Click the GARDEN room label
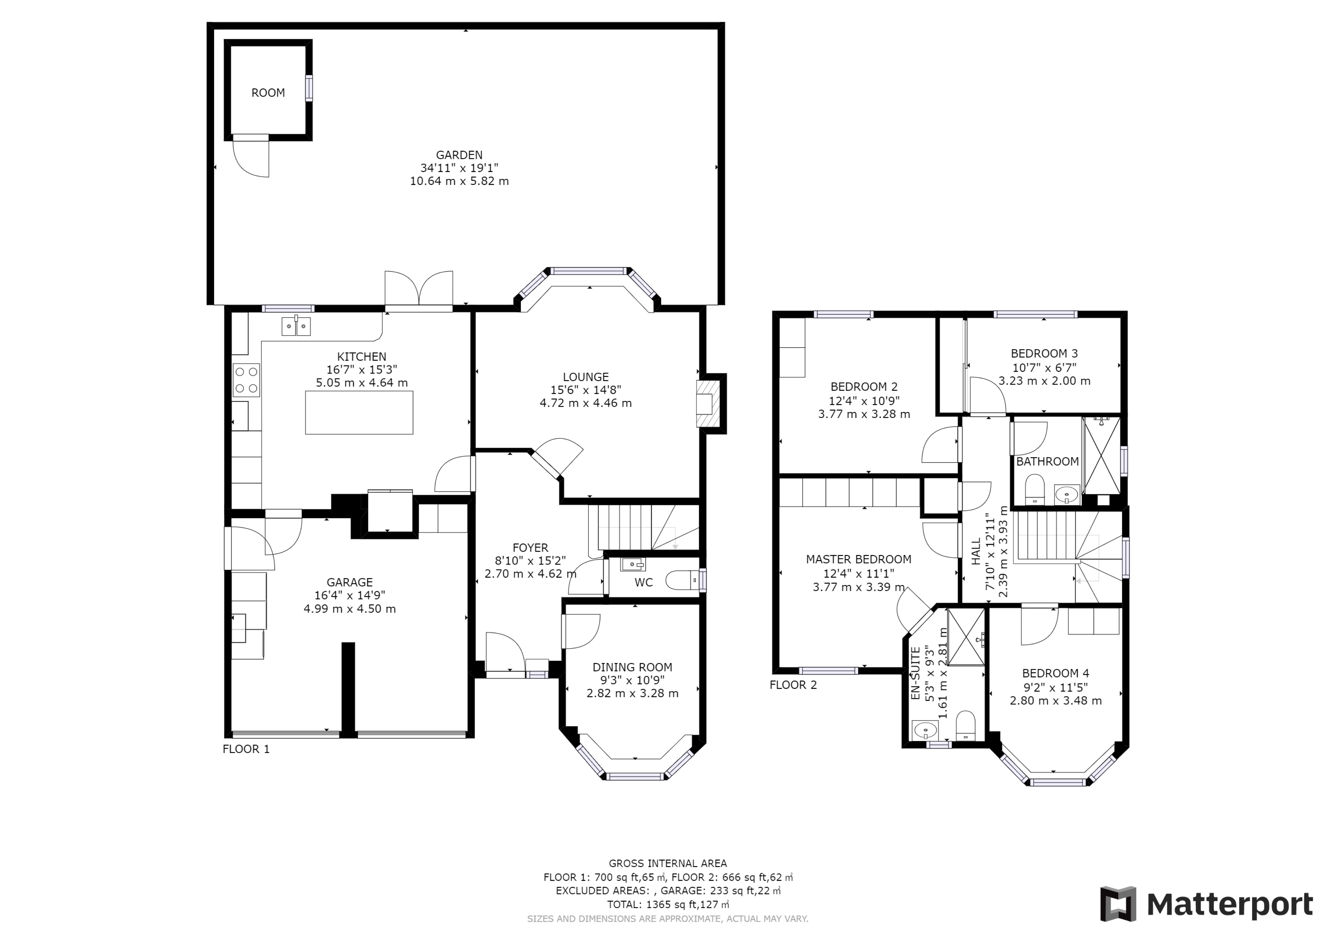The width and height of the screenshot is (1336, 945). pyautogui.click(x=459, y=155)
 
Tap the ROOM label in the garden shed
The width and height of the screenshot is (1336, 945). pyautogui.click(x=268, y=93)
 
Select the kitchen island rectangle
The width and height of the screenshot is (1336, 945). pyautogui.click(x=359, y=412)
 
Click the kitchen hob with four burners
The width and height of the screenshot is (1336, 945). pyautogui.click(x=246, y=380)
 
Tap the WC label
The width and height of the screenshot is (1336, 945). pyautogui.click(x=644, y=582)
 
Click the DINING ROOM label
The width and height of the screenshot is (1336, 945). pyautogui.click(x=632, y=667)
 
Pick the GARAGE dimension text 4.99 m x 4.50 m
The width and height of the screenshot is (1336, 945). pyautogui.click(x=350, y=609)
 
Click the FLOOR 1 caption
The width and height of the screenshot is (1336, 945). pyautogui.click(x=246, y=749)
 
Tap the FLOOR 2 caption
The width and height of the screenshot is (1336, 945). pyautogui.click(x=793, y=685)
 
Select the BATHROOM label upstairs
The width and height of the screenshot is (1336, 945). pyautogui.click(x=1047, y=461)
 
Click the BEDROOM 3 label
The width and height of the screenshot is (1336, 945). pyautogui.click(x=1045, y=353)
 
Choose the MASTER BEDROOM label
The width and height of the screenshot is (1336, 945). pyautogui.click(x=859, y=559)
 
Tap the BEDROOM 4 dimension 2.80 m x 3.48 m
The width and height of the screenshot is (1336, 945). pyautogui.click(x=1055, y=701)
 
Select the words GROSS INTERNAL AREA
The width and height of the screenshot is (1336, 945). pyautogui.click(x=668, y=863)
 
